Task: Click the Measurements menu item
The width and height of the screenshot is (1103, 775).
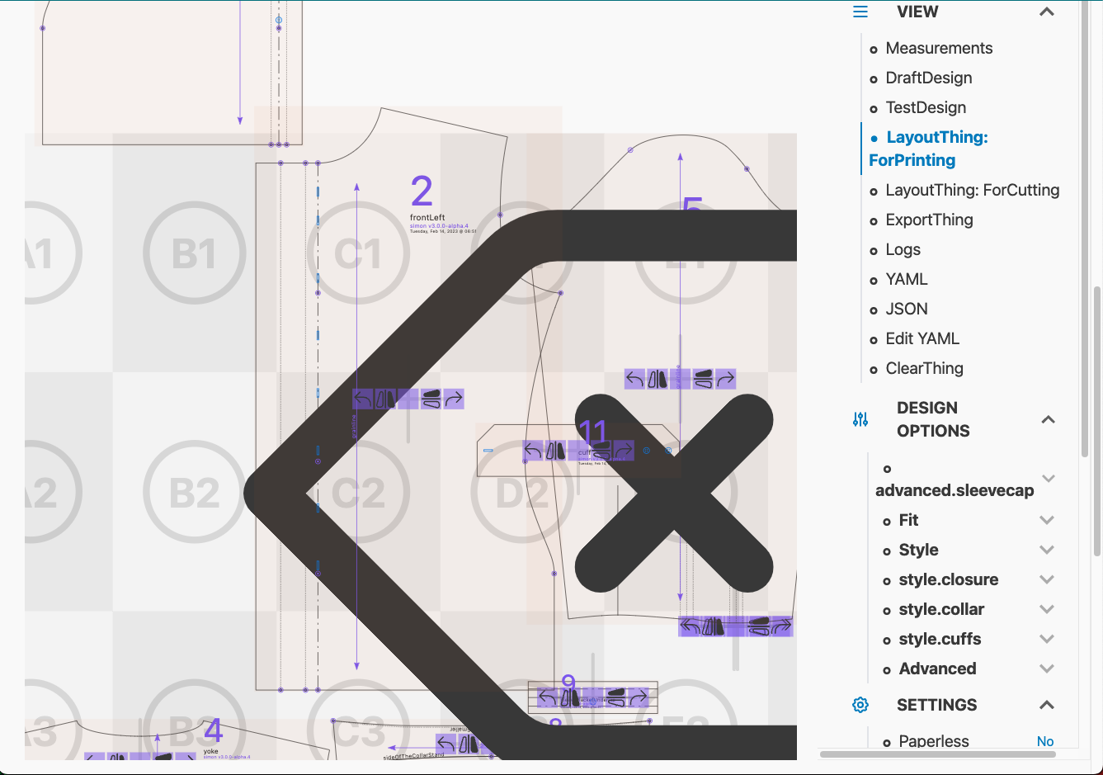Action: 939,48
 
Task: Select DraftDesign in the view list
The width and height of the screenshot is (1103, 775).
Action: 928,78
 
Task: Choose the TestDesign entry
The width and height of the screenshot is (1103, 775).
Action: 926,107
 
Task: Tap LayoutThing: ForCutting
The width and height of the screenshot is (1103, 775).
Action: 972,190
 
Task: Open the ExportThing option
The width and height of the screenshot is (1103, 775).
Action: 929,220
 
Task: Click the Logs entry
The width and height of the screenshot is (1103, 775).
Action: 903,249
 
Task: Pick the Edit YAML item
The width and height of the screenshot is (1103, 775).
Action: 922,338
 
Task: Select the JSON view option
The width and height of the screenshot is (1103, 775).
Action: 907,309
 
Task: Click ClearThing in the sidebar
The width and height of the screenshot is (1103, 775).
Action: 924,368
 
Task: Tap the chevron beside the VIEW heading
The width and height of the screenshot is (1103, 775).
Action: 1047,12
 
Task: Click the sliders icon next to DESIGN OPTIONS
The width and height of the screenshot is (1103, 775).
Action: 860,419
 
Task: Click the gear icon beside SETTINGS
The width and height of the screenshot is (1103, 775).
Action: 860,705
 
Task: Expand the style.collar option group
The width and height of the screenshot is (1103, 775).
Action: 941,609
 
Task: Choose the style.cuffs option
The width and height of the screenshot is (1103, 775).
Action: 940,639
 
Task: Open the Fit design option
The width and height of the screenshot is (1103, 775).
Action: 908,520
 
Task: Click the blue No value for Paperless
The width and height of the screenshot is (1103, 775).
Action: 1045,741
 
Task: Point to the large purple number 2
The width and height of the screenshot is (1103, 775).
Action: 422,191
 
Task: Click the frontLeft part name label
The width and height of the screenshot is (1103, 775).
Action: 427,218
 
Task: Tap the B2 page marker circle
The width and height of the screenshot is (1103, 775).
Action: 195,493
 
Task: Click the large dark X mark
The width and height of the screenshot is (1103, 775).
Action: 674,493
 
